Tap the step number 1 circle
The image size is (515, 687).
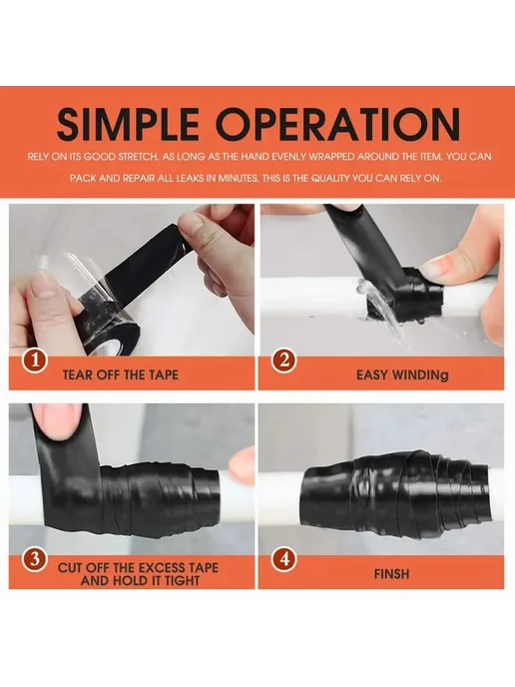[34, 361]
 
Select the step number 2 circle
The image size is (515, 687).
[283, 361]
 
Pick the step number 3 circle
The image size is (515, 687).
[34, 560]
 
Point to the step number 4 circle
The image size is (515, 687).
[283, 560]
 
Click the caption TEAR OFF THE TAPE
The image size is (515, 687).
[121, 375]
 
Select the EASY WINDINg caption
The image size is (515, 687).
[402, 375]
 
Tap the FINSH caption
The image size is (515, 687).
[391, 574]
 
